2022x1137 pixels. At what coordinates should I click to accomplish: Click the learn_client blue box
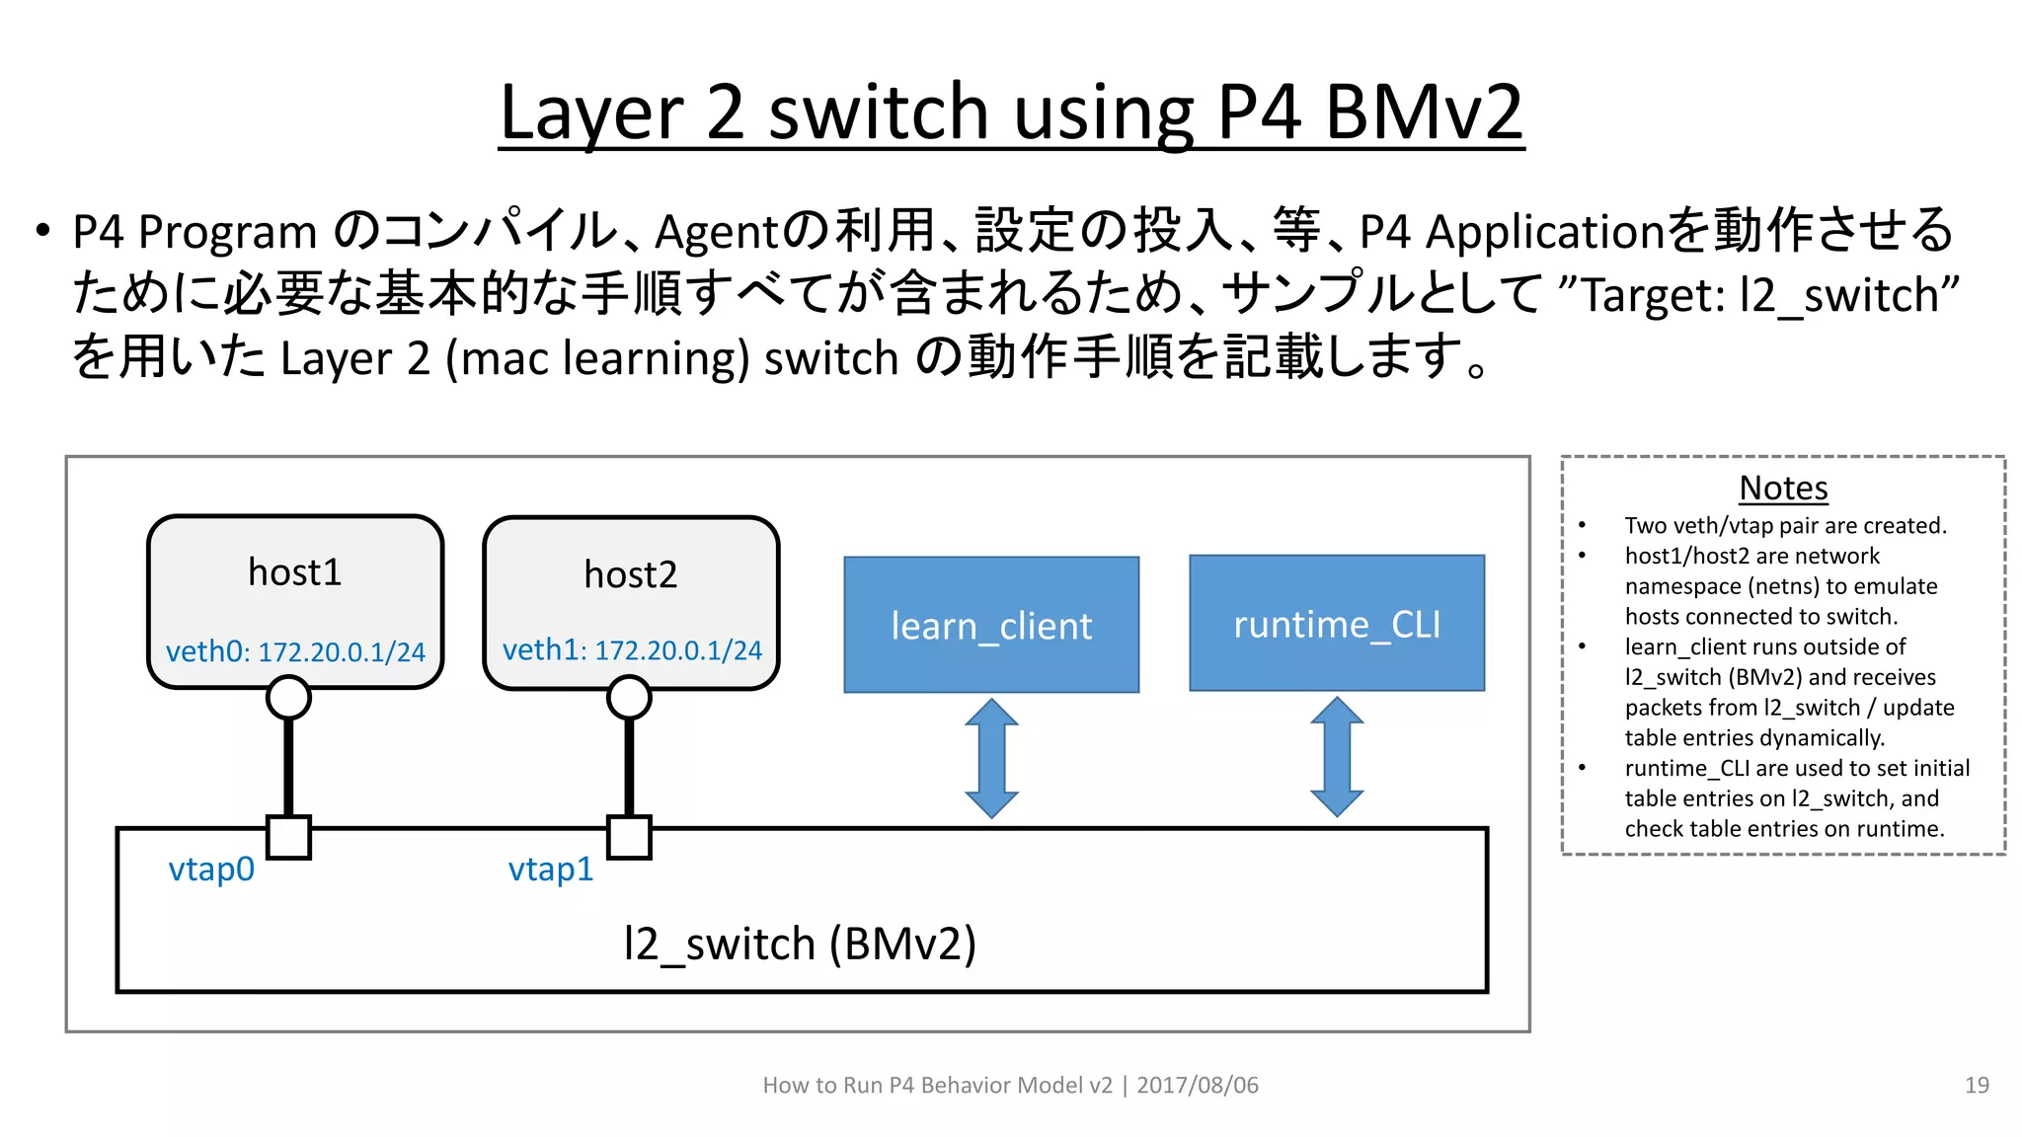pyautogui.click(x=991, y=625)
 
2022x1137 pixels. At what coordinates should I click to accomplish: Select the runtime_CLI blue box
pyautogui.click(x=1337, y=623)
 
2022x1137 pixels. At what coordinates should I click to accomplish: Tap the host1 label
pyautogui.click(x=294, y=572)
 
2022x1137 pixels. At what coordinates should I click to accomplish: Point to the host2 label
pyautogui.click(x=630, y=574)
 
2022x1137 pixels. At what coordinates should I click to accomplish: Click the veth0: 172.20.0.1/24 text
pyautogui.click(x=295, y=651)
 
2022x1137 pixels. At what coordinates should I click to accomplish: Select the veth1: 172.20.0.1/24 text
pyautogui.click(x=632, y=649)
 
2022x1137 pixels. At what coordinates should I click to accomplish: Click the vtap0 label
pyautogui.click(x=211, y=869)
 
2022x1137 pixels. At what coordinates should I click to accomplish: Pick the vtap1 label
pyautogui.click(x=551, y=869)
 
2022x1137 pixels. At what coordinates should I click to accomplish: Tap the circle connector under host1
pyautogui.click(x=288, y=698)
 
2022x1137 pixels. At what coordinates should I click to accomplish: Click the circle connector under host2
pyautogui.click(x=629, y=698)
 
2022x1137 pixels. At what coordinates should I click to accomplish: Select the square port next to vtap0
pyautogui.click(x=289, y=837)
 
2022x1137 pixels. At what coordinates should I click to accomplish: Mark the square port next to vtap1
pyautogui.click(x=629, y=837)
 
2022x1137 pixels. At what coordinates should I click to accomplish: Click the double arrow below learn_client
pyautogui.click(x=991, y=758)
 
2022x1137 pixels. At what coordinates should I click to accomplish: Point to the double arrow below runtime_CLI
pyautogui.click(x=1337, y=757)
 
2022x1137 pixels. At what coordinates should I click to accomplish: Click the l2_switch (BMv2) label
pyautogui.click(x=800, y=944)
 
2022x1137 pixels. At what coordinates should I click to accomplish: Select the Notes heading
pyautogui.click(x=1783, y=488)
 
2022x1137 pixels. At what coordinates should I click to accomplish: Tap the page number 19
pyautogui.click(x=1977, y=1085)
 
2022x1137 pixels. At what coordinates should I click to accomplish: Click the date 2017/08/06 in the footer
pyautogui.click(x=1197, y=1085)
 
